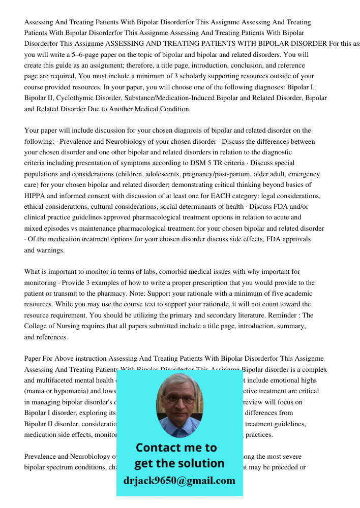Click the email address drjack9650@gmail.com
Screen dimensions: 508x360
(179, 481)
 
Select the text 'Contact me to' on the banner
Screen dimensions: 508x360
(176, 448)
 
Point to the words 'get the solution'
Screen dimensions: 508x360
(179, 463)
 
